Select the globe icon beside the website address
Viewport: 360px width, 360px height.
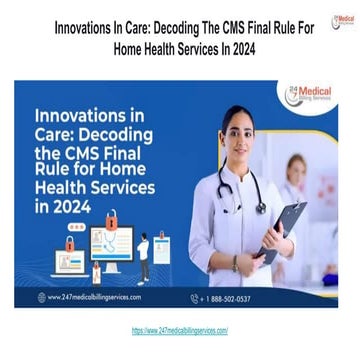click(x=41, y=297)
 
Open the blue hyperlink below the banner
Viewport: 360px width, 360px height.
click(x=180, y=329)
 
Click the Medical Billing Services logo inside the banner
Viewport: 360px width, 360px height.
click(x=310, y=97)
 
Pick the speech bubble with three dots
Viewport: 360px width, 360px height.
click(x=71, y=243)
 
